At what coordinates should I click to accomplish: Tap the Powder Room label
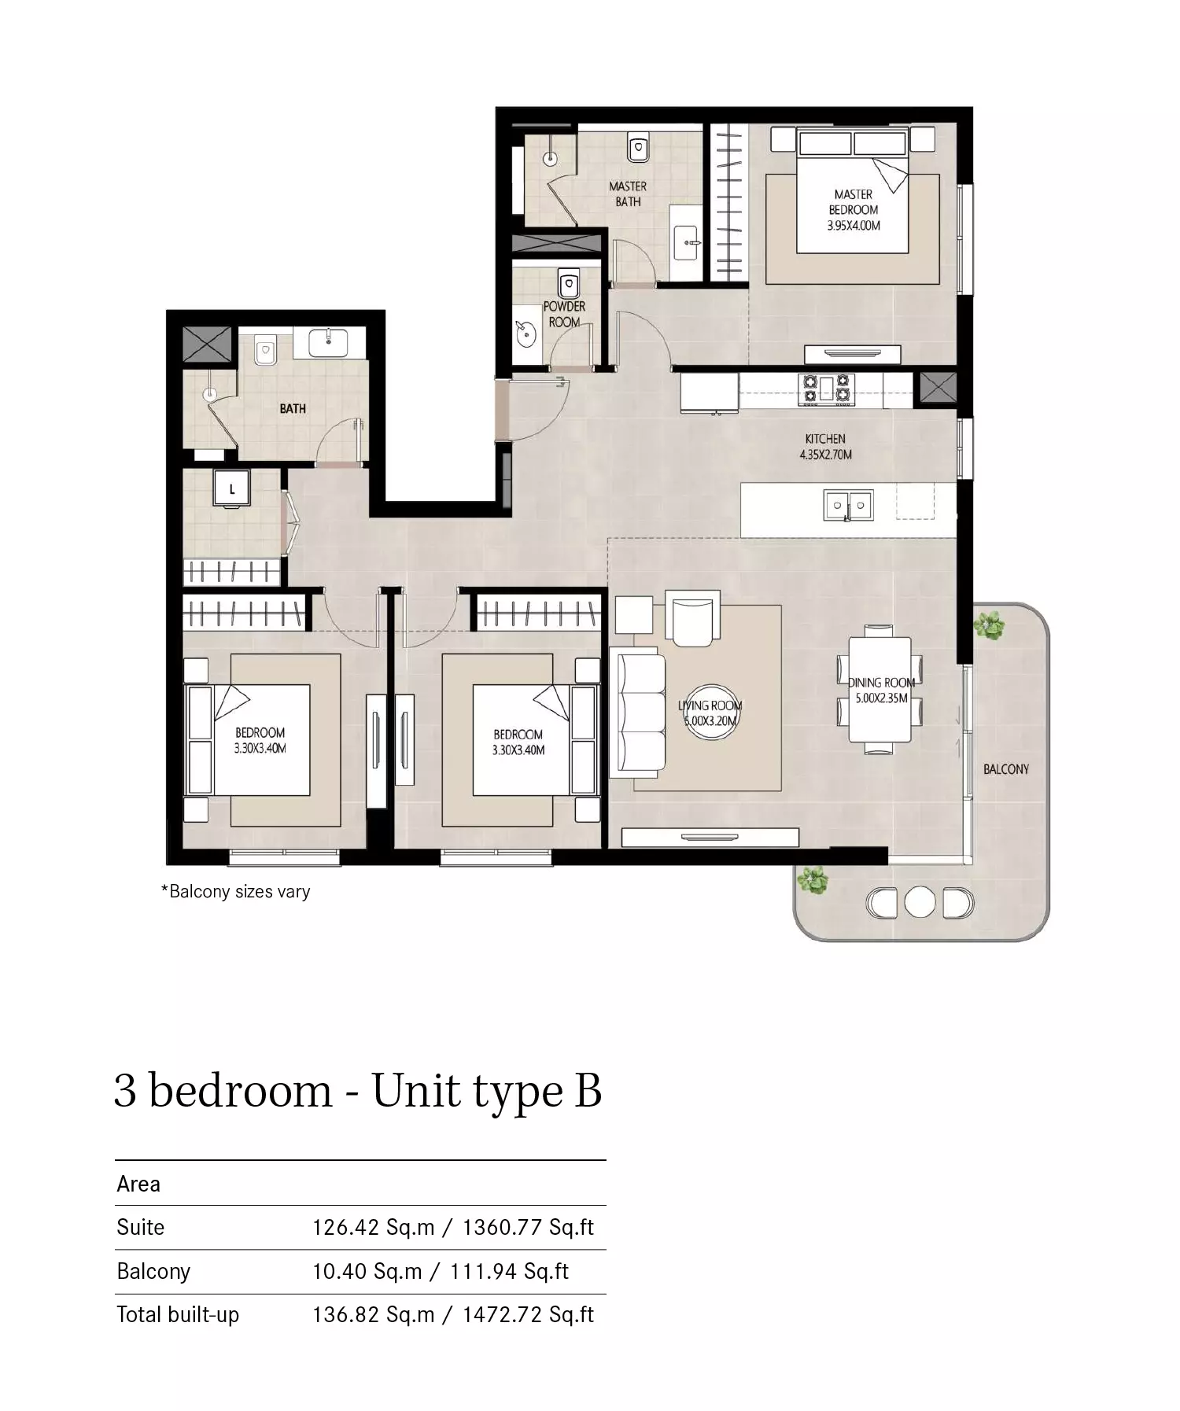coord(564,314)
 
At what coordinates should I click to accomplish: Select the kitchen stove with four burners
coord(825,389)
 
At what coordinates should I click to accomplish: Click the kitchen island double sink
coord(848,506)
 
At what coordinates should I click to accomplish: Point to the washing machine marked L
coord(232,489)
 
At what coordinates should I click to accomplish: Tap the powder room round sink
coord(525,334)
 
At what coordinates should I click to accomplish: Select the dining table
coord(879,690)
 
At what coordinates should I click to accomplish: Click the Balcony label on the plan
coord(1006,769)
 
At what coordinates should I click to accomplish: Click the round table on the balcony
coord(920,902)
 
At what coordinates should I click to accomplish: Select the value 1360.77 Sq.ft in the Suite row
coord(528,1227)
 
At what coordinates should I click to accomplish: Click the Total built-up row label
coord(178,1314)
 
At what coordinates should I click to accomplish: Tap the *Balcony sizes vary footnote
coord(235,891)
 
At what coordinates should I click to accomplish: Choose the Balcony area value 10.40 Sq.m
coord(367,1271)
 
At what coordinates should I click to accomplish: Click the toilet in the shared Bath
coord(265,350)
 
